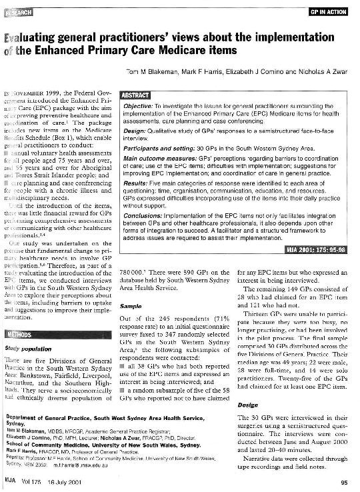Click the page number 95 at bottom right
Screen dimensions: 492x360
[343, 482]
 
